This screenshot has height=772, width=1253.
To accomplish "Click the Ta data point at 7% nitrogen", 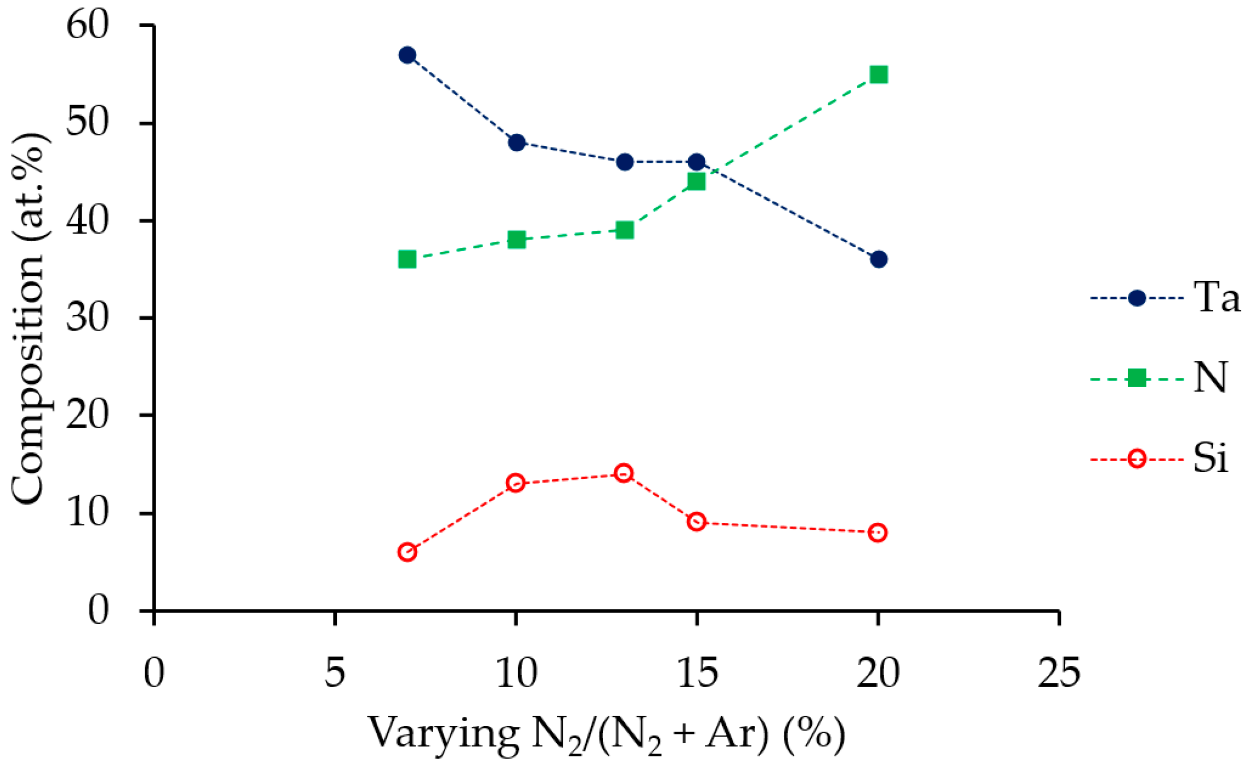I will coord(407,55).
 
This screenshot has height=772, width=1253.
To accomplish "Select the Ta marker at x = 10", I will coord(517,142).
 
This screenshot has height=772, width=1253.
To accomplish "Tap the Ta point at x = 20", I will coord(878,259).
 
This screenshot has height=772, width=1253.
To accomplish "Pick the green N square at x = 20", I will coord(878,74).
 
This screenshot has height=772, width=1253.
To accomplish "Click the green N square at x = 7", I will coord(407,259).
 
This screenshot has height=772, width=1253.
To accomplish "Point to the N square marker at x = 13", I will coord(625,230).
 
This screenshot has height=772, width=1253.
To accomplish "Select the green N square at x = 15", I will coord(696,182).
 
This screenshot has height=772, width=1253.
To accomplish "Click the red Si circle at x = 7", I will coord(407,552).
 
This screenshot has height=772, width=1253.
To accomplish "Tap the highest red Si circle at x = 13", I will coord(624,473).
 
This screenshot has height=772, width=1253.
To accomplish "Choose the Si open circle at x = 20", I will coord(878,532).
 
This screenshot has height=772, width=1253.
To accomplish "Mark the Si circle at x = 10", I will coord(515,483).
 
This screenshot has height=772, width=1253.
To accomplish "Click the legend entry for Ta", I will coord(1217,298).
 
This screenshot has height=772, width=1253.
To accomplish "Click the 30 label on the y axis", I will coord(88,318).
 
